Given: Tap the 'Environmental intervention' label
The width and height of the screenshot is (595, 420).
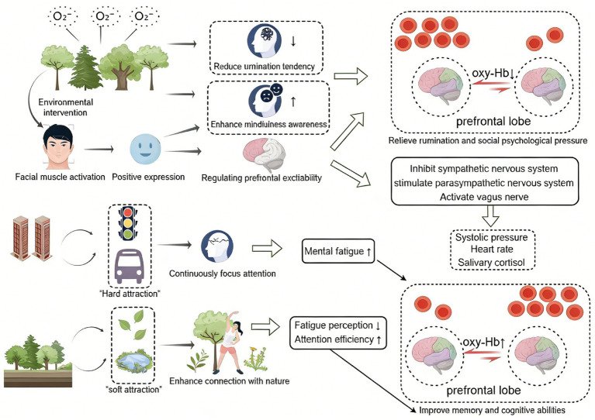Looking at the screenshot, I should [64, 105].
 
